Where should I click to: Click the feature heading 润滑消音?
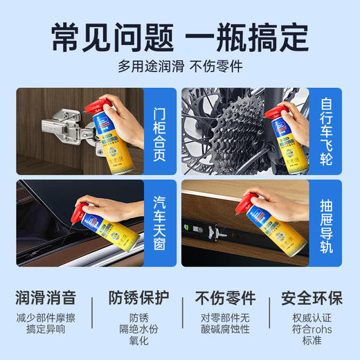pyautogui.click(x=46, y=298)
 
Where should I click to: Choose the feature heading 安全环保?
pyautogui.click(x=312, y=298)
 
